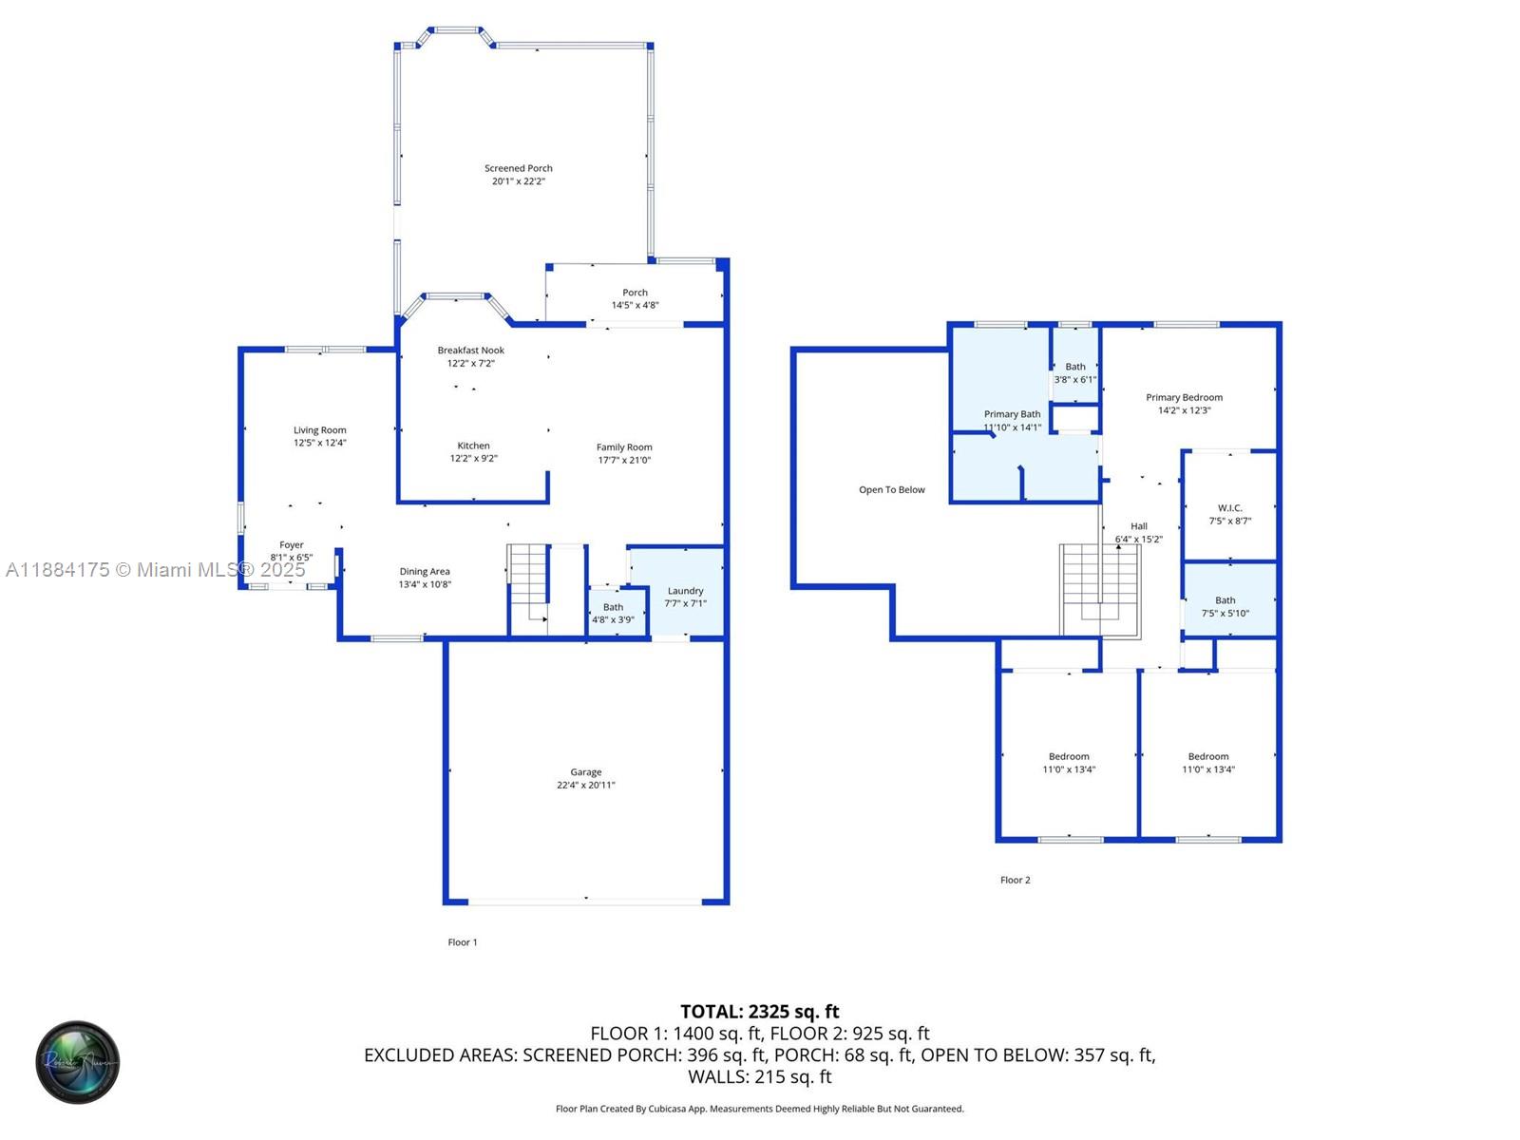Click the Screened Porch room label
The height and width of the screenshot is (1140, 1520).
point(518,168)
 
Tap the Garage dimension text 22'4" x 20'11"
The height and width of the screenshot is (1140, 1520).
point(586,785)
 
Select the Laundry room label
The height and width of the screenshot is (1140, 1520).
point(685,590)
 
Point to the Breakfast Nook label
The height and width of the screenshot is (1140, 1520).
point(471,351)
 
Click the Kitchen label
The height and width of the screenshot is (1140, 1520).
point(474,446)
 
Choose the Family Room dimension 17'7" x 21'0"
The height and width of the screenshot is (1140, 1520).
point(624,460)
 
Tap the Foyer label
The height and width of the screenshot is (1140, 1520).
point(292,544)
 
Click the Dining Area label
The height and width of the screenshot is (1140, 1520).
point(425,571)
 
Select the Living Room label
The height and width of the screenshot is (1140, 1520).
point(319,429)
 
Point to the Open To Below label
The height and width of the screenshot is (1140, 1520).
point(892,489)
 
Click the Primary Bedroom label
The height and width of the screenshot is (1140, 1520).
point(1184,397)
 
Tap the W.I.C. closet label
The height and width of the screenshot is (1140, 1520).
point(1230,508)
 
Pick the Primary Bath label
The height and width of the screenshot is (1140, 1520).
point(1012,414)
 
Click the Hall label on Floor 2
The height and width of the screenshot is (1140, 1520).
point(1138,526)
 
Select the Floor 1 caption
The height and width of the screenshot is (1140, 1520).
point(462,942)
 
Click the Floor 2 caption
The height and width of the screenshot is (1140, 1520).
point(1016,880)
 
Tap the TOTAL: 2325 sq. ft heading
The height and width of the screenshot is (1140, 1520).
point(760,1012)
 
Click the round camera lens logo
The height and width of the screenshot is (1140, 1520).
point(78,1062)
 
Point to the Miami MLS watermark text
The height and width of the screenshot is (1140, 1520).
point(155,570)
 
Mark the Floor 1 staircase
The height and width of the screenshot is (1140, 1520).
point(530,588)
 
